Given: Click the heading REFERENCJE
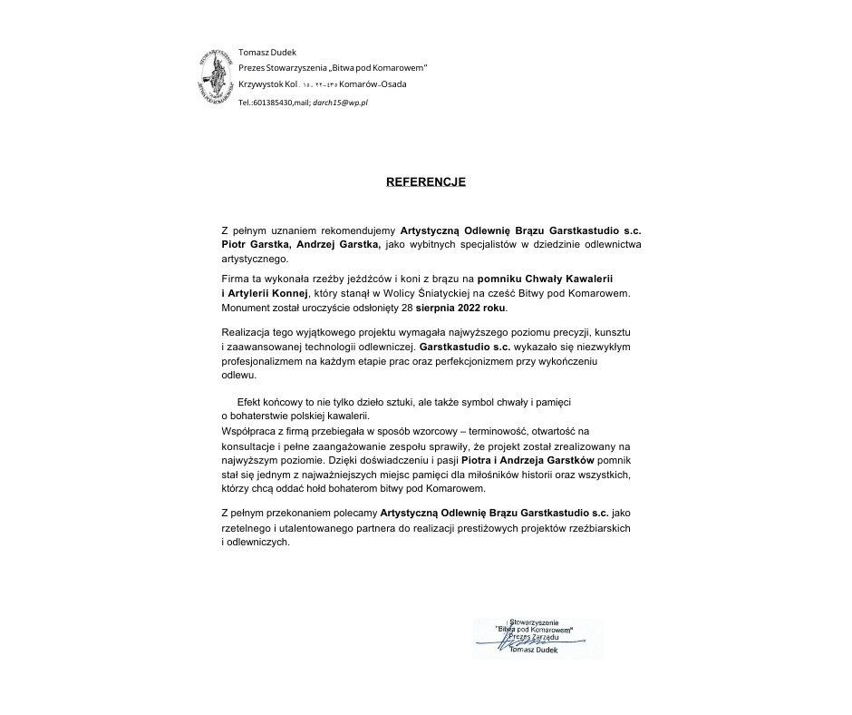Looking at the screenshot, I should (425, 181).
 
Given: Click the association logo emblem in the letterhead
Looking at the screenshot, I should (216, 75).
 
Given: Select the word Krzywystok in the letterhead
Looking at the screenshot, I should (260, 84).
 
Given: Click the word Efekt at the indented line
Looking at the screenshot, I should (250, 401).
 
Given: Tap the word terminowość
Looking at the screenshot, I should (513, 432).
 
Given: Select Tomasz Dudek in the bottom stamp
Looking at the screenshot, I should (534, 651).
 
